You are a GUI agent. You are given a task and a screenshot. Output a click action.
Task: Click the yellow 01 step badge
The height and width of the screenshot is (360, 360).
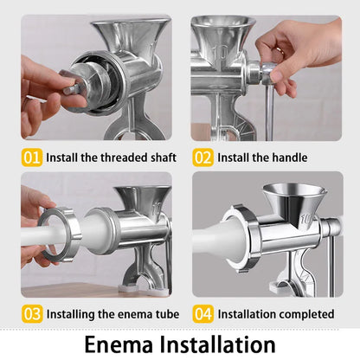click(31, 157)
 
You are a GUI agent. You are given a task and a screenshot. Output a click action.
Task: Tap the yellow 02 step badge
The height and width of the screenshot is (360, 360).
click(202, 157)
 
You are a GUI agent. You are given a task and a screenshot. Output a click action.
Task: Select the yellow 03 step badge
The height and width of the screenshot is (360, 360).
click(31, 313)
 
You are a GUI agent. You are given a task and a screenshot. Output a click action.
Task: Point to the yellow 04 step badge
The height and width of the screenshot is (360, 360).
click(202, 313)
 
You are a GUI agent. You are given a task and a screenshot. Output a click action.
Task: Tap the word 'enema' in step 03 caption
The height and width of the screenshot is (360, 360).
click(124, 314)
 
